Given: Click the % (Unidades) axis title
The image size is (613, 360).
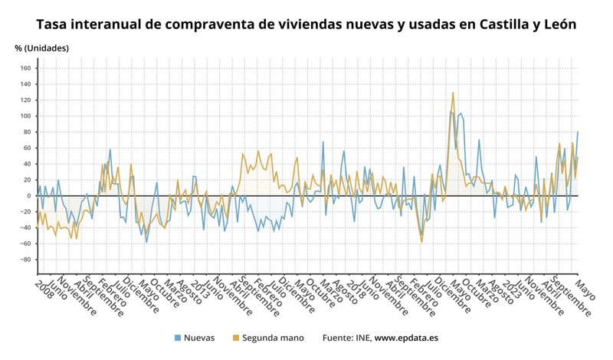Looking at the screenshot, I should pos(41,48).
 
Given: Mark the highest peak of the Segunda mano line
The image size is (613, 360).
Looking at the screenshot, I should pos(453,93).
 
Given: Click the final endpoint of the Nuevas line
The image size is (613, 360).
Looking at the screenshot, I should pos(578,132).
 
